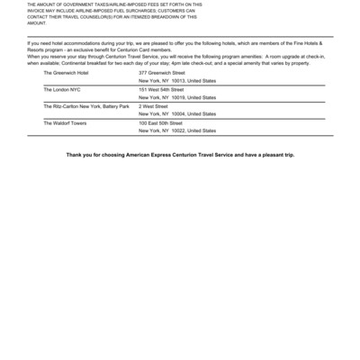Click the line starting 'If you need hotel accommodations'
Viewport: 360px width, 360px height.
180,43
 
